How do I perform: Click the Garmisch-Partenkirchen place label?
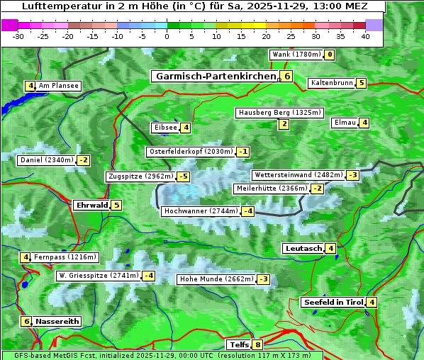[x=215, y=76]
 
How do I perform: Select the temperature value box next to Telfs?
[x=257, y=345]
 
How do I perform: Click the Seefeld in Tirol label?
[x=333, y=303]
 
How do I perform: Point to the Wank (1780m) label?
[x=296, y=55]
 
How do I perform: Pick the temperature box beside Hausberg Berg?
[x=284, y=125]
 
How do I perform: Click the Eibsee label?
[x=164, y=128]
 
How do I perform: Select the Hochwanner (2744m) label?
[x=201, y=211]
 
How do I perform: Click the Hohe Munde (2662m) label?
[x=216, y=279]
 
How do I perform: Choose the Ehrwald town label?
[x=91, y=206]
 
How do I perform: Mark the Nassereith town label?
[x=57, y=321]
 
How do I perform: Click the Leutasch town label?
[x=303, y=248]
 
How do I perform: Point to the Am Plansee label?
[x=58, y=86]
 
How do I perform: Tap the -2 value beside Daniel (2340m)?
[x=84, y=160]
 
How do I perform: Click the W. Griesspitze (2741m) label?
[x=98, y=276]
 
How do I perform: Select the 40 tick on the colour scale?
[x=365, y=35]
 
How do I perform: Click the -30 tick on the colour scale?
[x=18, y=35]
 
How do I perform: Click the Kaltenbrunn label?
[x=331, y=83]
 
